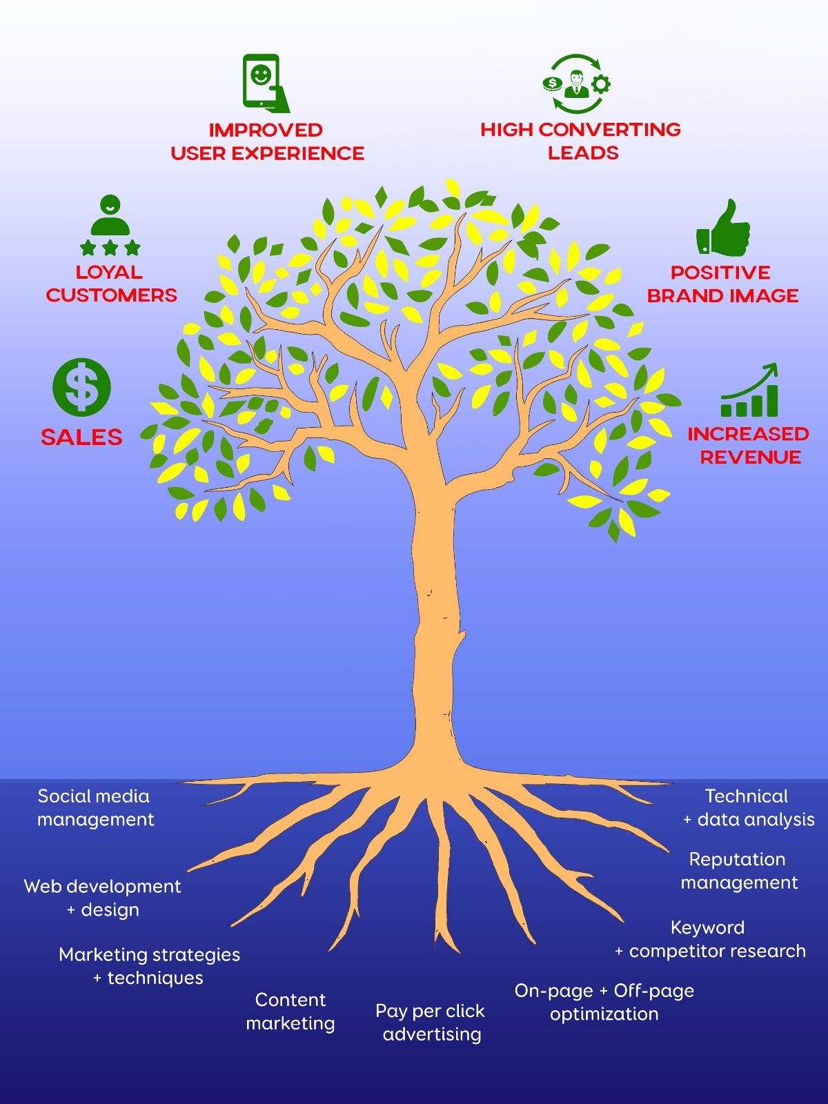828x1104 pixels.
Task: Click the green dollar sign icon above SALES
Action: click(81, 387)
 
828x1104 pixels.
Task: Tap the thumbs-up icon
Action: click(723, 229)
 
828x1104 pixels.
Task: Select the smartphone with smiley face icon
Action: click(264, 83)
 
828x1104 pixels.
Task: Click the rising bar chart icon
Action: click(750, 392)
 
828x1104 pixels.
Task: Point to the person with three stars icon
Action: click(110, 226)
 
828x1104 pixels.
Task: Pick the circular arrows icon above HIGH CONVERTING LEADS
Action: click(577, 84)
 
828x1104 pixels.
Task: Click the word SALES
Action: click(81, 437)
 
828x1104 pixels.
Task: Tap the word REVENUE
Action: click(750, 457)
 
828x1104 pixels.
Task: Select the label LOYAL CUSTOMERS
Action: click(111, 284)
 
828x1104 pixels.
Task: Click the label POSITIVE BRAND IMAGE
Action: click(722, 284)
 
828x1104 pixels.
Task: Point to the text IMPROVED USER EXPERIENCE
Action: click(267, 141)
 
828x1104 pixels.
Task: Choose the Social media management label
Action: click(95, 808)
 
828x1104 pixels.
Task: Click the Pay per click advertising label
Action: click(431, 1023)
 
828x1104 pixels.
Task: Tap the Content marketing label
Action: click(290, 1012)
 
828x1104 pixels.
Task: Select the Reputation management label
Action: click(738, 871)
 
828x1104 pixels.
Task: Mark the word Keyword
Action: click(707, 928)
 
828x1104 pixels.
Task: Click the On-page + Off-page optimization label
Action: click(604, 1003)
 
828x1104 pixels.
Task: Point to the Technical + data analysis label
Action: click(748, 808)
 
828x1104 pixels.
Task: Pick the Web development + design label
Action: click(103, 898)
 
